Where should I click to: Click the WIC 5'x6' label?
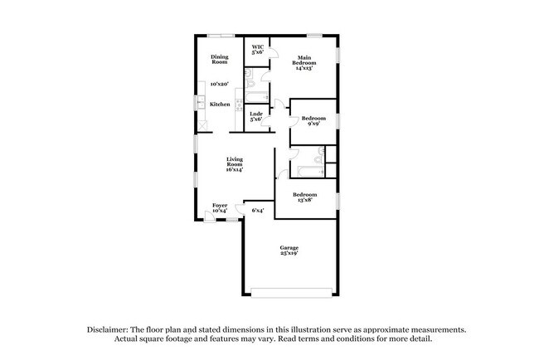point(258,50)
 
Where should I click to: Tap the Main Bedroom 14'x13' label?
point(304,63)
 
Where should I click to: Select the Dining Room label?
point(220,60)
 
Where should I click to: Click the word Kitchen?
point(220,105)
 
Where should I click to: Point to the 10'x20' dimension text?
point(220,84)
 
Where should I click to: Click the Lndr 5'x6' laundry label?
point(256,117)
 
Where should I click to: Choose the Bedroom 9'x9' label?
point(313,121)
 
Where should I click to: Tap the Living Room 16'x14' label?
point(235,164)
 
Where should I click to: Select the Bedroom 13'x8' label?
point(305,197)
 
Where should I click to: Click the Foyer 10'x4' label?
point(220,208)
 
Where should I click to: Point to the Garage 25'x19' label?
point(289,251)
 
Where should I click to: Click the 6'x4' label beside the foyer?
point(258,210)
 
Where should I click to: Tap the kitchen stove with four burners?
point(239,105)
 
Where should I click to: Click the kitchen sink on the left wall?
point(202,103)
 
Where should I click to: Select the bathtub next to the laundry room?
point(257,97)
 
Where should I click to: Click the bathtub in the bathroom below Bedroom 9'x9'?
point(311,172)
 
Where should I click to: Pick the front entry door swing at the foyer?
point(209,216)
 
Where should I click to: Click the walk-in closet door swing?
point(274,52)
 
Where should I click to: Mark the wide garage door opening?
point(292,293)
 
